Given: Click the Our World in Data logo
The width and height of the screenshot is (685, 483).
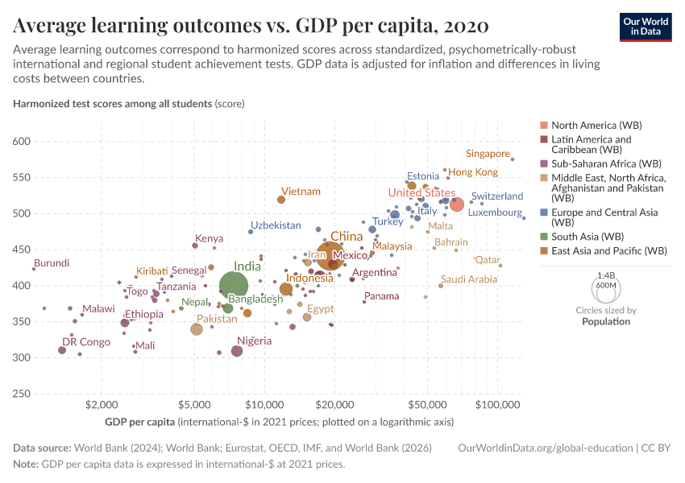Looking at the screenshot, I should tap(646, 26).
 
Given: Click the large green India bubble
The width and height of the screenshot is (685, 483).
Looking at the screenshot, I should tap(234, 285).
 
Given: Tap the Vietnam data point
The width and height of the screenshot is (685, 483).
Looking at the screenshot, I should tap(281, 200).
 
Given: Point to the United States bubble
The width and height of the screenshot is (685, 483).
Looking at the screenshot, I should tap(457, 204).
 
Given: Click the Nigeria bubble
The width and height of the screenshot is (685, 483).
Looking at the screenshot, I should tap(237, 351).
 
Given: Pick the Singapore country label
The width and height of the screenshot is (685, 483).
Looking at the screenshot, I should tap(488, 154).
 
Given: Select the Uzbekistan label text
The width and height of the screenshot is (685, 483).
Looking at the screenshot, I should tap(276, 225).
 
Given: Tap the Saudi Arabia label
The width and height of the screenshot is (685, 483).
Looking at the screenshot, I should tap(469, 279).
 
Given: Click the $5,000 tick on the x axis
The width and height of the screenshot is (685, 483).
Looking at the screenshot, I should tap(194, 402).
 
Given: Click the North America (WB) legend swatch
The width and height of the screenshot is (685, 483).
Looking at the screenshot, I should tap(544, 126).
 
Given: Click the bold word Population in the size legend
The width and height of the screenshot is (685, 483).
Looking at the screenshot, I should tap(606, 321).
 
